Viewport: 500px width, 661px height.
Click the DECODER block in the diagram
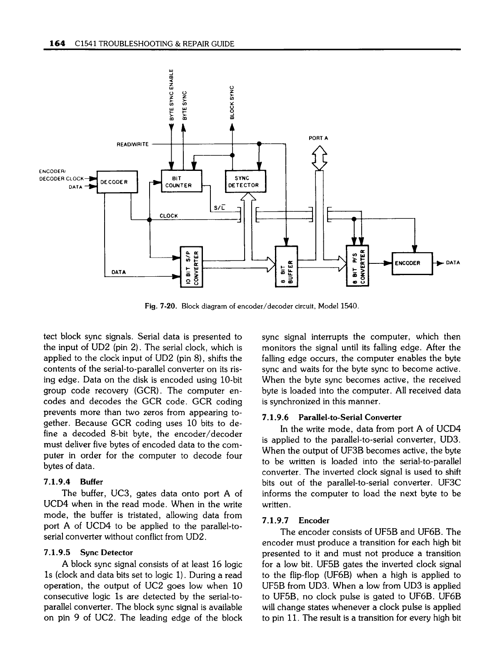[x=117, y=182]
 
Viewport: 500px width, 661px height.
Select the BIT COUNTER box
[x=181, y=182]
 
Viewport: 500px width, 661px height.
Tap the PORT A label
[x=318, y=137]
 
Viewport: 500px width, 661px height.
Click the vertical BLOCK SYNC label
[x=232, y=102]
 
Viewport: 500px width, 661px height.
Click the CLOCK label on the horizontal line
[x=169, y=215]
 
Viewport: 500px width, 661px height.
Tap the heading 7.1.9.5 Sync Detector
[x=88, y=553]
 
